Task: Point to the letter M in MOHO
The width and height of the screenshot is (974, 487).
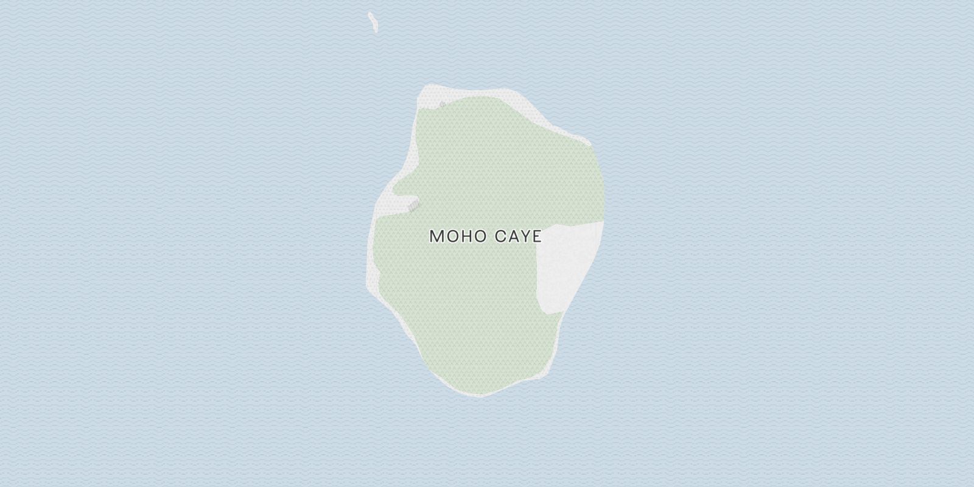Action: [436, 236]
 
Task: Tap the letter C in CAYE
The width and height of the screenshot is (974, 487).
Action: [498, 236]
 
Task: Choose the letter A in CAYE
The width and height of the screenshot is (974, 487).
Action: [511, 236]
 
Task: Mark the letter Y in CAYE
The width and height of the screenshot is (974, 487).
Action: [524, 236]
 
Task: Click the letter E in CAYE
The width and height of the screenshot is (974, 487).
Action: [536, 236]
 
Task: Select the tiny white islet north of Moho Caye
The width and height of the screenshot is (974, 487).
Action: [371, 22]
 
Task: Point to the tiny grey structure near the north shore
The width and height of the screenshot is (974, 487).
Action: [442, 105]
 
